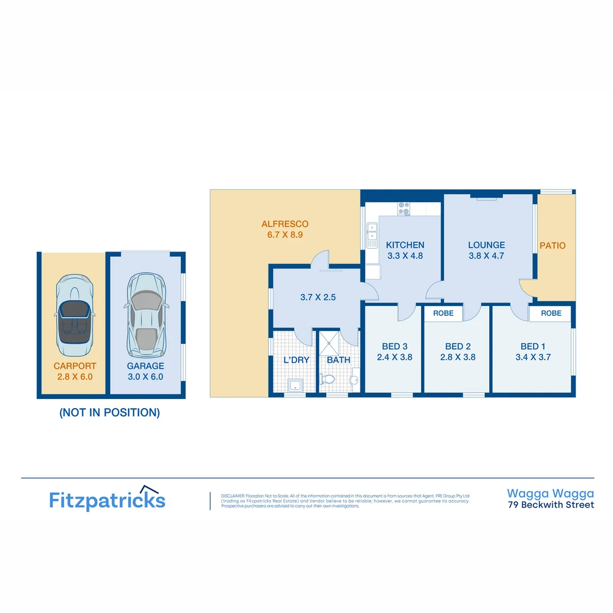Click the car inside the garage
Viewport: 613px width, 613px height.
[x=146, y=313]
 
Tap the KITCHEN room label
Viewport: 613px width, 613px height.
[x=405, y=245]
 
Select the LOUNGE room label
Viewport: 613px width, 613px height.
[x=486, y=245]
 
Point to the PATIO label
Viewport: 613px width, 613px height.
[x=552, y=246]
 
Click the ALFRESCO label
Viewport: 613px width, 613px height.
[x=285, y=224]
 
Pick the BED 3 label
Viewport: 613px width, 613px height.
[x=394, y=346]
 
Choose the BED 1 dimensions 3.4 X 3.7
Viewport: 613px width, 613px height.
[x=533, y=357]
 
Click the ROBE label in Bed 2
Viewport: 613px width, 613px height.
[x=443, y=313]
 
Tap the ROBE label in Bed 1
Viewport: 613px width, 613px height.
[x=551, y=313]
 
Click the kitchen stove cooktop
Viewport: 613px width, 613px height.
[x=404, y=209]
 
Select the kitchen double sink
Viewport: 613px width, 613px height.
[x=372, y=235]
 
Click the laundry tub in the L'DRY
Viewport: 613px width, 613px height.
[x=296, y=385]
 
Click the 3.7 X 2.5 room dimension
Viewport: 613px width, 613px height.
[x=318, y=296]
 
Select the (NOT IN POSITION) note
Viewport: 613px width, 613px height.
[x=110, y=413]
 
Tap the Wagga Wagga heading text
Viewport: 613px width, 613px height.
[x=550, y=493]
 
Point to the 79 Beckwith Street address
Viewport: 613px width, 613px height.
[x=551, y=505]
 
